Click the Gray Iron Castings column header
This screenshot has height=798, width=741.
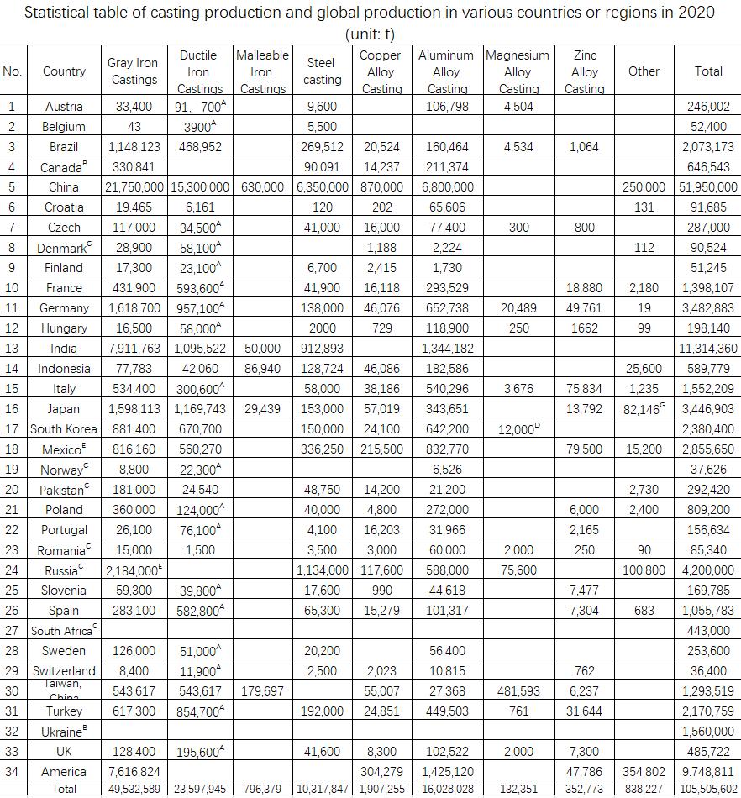(134, 71)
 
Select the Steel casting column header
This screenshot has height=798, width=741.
(322, 71)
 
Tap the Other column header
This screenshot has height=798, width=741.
(644, 71)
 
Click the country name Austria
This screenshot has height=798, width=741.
(64, 107)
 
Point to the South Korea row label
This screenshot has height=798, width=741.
(64, 429)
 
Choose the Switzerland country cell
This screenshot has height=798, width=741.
(64, 671)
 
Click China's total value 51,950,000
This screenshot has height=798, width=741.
(708, 187)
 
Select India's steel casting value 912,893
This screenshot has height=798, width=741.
(322, 349)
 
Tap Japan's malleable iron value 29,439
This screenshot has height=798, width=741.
(262, 409)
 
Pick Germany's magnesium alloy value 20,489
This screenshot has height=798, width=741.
(518, 308)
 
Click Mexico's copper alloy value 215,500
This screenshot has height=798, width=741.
(381, 449)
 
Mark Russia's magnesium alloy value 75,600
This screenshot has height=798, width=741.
(518, 570)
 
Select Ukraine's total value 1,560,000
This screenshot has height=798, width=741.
(708, 732)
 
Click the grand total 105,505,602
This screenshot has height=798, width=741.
(708, 789)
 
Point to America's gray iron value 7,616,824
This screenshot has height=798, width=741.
(134, 772)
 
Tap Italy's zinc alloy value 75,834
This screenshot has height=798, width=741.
(584, 389)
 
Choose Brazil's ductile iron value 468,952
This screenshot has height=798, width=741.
(200, 147)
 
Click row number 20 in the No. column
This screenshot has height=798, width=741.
(12, 490)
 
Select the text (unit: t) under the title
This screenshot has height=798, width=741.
(370, 34)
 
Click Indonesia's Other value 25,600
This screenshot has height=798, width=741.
(644, 369)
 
